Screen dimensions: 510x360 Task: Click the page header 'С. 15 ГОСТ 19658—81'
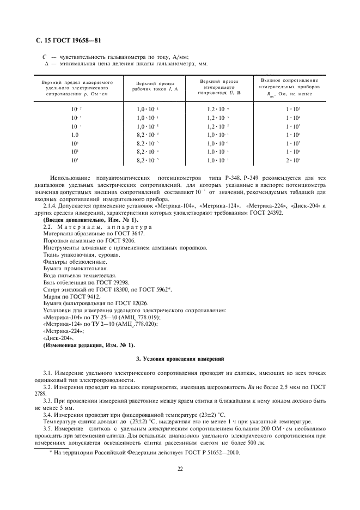[x=65, y=40]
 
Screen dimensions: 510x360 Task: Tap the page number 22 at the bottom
[x=180, y=467]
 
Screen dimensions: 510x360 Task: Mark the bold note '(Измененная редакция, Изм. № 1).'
[x=89, y=345]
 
